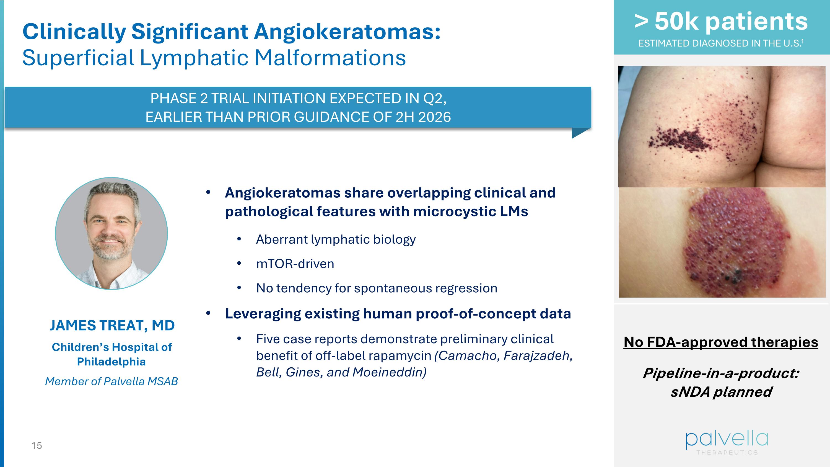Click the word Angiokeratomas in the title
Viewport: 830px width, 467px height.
[x=347, y=32]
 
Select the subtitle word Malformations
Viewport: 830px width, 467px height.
[x=330, y=58]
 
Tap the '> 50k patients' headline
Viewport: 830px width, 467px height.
[x=721, y=22]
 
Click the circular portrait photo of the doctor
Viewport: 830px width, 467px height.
[x=111, y=233]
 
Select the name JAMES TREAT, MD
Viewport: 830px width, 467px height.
[x=112, y=326]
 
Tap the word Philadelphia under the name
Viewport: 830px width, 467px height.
[x=111, y=362]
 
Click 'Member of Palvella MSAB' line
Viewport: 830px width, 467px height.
[x=111, y=381]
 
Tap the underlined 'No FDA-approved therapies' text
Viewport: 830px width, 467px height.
[x=721, y=342]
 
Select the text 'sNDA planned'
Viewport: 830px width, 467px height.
[x=721, y=392]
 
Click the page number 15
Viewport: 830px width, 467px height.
[x=37, y=445]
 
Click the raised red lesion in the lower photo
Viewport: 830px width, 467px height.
[x=735, y=242]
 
